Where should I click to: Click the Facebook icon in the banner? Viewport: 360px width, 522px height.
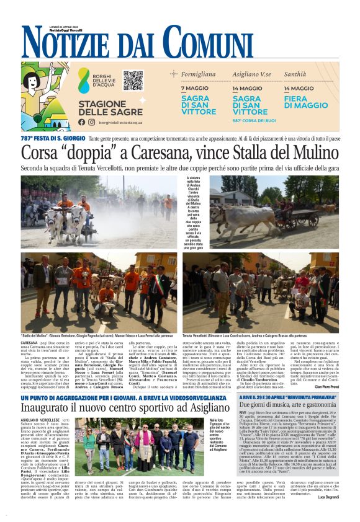point(82,122)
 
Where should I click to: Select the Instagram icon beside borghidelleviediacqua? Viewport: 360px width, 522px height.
point(91,122)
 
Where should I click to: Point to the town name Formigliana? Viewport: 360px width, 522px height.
point(198,74)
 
